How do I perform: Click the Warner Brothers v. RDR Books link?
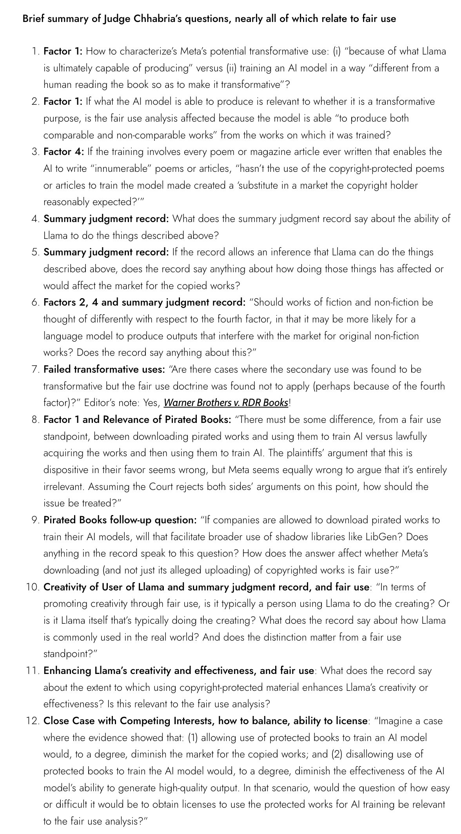click(226, 402)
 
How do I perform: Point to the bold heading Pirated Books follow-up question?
click(120, 520)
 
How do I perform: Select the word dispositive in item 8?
click(65, 470)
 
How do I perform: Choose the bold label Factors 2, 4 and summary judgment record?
click(144, 302)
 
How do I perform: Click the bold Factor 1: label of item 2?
click(63, 102)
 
